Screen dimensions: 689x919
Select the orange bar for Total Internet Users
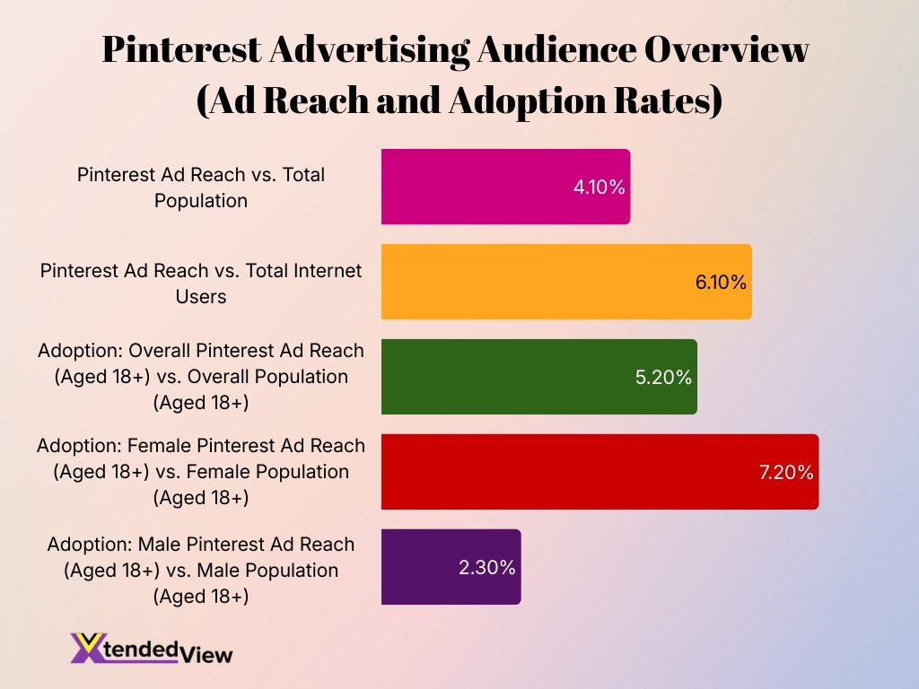point(538,282)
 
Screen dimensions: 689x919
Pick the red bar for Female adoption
point(574,472)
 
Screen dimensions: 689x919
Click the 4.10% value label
point(599,188)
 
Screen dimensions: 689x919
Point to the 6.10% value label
point(721,283)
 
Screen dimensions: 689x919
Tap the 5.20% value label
point(663,378)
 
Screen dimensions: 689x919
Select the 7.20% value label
point(786,473)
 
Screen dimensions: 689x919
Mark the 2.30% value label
point(487,568)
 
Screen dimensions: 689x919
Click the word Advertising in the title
point(368,50)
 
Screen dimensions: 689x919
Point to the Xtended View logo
point(152,648)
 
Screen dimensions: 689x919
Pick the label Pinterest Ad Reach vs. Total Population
point(201,187)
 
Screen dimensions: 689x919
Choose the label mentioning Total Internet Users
point(201,282)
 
